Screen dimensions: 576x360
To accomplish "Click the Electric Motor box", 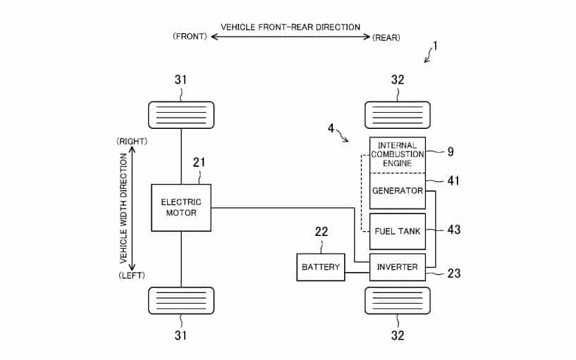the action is tap(181, 208).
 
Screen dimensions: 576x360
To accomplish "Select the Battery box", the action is tap(321, 267).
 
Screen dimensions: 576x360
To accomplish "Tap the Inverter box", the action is tap(398, 267).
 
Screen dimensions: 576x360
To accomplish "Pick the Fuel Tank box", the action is tap(398, 232).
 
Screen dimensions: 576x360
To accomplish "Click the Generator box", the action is tap(398, 191).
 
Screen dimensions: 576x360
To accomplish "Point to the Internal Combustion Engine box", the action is tap(398, 155).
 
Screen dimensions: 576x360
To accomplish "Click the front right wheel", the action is tap(181, 116).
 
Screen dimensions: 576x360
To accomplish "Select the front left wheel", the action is tap(181, 301).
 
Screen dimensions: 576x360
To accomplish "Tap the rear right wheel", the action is tap(398, 116).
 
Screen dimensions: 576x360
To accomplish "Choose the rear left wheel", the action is tap(398, 301).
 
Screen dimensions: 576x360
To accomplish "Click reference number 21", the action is tap(199, 162).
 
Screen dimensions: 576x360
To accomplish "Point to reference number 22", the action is tap(321, 232).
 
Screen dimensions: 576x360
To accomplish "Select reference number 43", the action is tap(453, 230).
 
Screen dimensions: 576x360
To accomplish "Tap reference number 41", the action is tap(453, 180).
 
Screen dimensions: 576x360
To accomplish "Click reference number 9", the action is tap(451, 151).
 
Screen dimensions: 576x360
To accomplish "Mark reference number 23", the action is tap(453, 273).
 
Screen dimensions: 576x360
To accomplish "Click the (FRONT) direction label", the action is tap(190, 37).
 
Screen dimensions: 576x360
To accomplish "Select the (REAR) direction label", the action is tap(386, 37).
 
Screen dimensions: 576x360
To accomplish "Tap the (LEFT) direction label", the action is tap(132, 275).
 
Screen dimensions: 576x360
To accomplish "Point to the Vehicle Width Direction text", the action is tap(123, 208).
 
